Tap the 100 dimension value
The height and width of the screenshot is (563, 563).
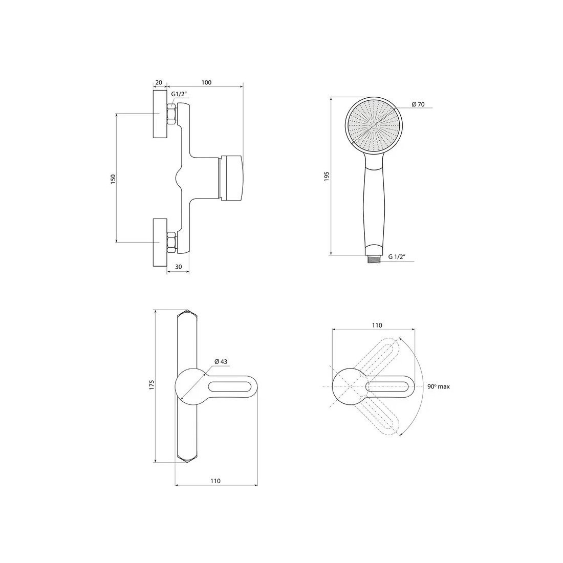[206, 82]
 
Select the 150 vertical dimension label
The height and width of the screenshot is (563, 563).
[113, 179]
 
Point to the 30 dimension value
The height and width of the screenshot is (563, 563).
[178, 267]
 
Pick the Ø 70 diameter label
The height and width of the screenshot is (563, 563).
[418, 104]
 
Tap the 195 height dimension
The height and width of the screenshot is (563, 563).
[327, 177]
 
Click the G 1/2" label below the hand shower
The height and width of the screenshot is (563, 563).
[397, 257]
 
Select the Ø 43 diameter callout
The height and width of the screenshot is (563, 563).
[222, 362]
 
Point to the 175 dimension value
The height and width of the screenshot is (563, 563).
[151, 384]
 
